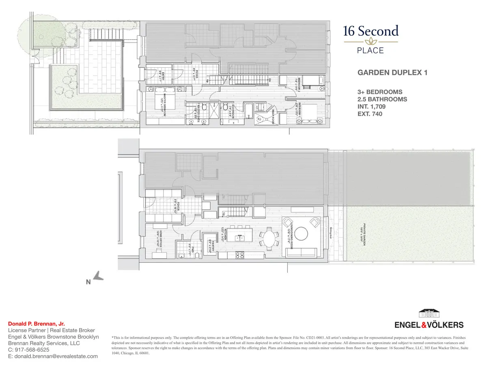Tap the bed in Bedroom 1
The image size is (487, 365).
tap(311, 113)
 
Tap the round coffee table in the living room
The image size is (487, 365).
tap(301, 234)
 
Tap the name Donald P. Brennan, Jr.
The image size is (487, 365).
tap(34, 324)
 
